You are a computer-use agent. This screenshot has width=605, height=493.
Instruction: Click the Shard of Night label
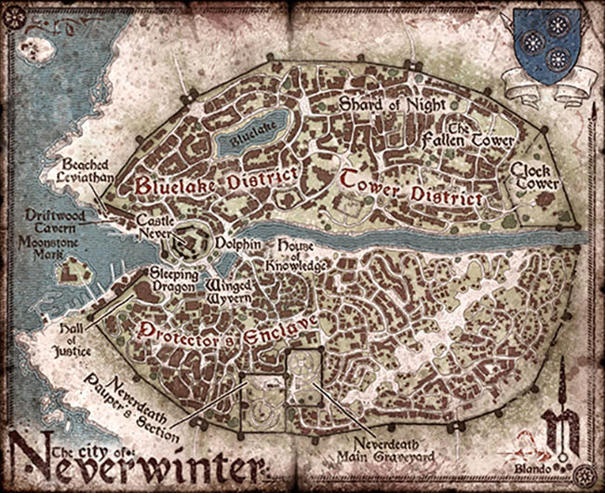click(381, 103)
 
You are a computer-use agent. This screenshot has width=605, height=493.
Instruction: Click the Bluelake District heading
click(216, 179)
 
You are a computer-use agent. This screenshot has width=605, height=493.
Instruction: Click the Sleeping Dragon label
click(176, 281)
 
